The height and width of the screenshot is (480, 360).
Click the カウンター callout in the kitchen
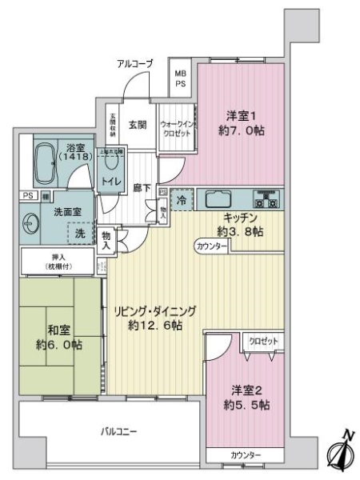click(x=210, y=247)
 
